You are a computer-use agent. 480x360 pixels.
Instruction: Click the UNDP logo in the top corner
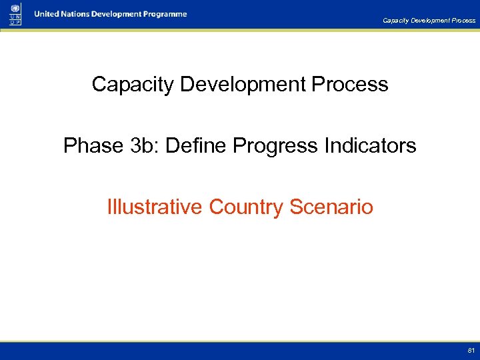15,14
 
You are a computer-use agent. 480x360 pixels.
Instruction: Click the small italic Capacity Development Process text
429,21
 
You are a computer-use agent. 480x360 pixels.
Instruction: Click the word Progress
274,145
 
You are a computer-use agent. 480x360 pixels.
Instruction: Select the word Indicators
369,145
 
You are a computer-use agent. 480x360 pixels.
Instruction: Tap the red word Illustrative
155,207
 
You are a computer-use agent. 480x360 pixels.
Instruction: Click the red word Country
247,207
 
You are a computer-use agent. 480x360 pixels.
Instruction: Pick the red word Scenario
331,207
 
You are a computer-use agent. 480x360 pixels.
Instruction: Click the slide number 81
471,350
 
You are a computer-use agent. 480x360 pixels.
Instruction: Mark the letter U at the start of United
38,14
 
